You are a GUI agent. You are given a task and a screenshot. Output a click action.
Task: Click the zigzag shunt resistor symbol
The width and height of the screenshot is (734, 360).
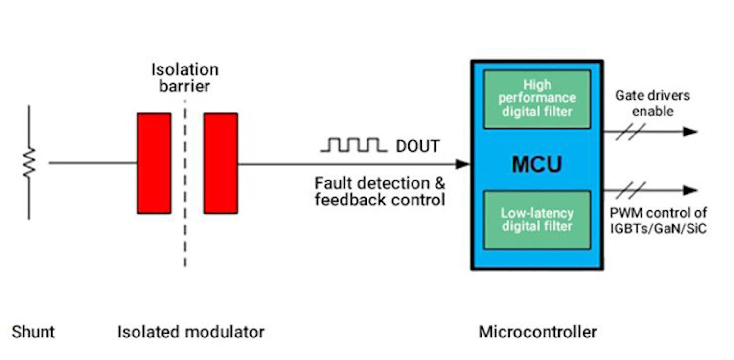(x=28, y=162)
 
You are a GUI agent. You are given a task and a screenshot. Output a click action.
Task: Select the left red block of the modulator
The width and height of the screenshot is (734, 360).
(x=154, y=163)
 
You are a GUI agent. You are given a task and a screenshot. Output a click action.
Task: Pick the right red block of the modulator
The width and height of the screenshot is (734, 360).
(x=221, y=163)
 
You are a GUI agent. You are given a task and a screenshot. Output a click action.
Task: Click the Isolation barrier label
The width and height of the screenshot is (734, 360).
(x=184, y=77)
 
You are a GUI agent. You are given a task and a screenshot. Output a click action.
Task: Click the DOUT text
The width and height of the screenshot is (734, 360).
(x=417, y=146)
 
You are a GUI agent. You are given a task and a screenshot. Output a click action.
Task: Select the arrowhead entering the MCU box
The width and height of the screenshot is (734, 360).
(x=462, y=164)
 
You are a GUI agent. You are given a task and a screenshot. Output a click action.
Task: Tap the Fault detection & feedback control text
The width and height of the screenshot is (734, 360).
(x=380, y=191)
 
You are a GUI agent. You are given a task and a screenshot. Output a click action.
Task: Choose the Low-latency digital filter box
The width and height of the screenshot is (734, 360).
(x=537, y=220)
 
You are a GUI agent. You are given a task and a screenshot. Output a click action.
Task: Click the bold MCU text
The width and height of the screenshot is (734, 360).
(x=537, y=164)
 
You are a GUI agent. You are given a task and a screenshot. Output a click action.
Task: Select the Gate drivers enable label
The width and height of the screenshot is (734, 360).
(x=652, y=103)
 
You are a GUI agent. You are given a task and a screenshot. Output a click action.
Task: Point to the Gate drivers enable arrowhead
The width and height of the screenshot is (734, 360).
(x=690, y=131)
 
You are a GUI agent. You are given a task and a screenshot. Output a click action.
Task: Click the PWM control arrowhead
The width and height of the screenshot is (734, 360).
(x=690, y=190)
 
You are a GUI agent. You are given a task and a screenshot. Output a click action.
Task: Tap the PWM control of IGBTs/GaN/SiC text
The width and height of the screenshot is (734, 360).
(x=658, y=221)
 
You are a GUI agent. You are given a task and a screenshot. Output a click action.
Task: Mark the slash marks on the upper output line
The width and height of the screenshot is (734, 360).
(x=630, y=132)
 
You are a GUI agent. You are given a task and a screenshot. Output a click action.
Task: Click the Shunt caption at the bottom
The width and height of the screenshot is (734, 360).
(x=33, y=332)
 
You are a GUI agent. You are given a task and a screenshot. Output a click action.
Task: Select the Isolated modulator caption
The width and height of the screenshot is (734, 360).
(x=191, y=332)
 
